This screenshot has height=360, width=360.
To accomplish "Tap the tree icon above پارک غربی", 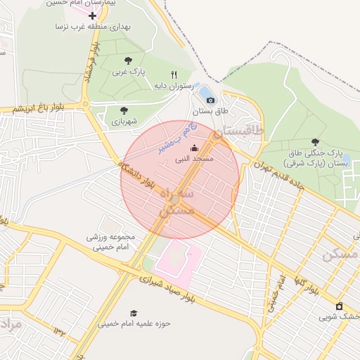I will (127, 60).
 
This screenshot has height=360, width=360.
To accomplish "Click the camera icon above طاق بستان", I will (210, 101).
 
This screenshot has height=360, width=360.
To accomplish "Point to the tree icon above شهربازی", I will (124, 110).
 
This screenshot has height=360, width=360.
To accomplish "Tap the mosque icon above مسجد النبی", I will (194, 148).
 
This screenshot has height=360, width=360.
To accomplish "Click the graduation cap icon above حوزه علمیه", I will (134, 313).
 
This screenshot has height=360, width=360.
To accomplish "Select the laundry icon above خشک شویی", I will (340, 306).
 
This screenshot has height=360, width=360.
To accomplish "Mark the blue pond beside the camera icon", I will (205, 91).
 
